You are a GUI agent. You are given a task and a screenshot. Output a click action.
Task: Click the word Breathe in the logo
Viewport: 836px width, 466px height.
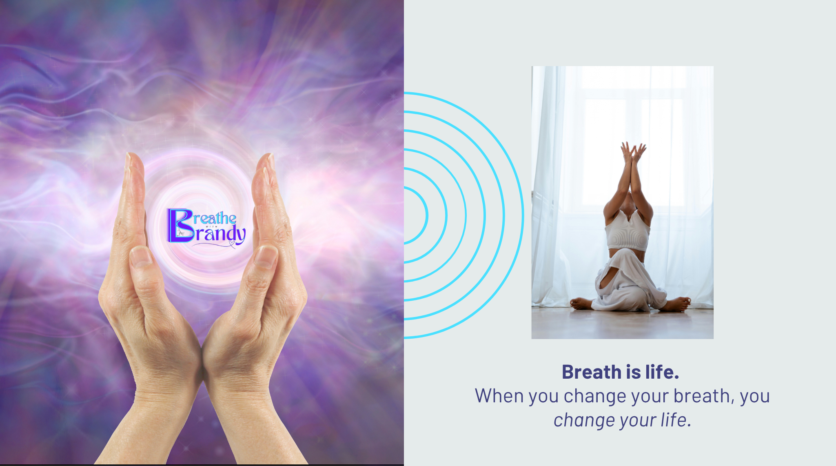[x=215, y=218]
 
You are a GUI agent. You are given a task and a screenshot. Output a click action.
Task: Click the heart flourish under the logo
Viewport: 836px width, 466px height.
[x=232, y=244]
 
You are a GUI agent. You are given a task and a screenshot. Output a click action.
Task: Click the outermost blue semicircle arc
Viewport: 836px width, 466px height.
[x=522, y=215]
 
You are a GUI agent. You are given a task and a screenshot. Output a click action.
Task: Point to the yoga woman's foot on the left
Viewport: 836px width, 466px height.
[x=580, y=304]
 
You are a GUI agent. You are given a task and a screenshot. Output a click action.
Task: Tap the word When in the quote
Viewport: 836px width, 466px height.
[x=499, y=396]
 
